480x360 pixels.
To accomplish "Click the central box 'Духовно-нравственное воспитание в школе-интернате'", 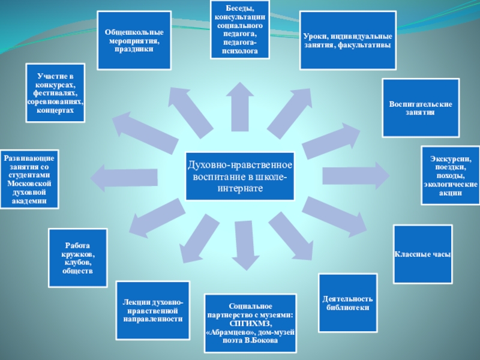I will [240, 175].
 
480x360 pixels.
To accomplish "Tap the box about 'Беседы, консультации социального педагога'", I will [240, 29].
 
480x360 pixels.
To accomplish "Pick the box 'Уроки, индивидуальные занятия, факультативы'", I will [348, 40].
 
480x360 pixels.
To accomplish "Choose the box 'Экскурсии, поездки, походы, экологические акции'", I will [450, 175].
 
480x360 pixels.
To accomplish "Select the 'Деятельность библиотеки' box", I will [348, 302].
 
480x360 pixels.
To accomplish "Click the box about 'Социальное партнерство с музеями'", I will [250, 323].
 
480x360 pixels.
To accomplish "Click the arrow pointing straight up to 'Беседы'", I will [240, 114].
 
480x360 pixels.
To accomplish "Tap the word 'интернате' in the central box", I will [240, 188].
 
